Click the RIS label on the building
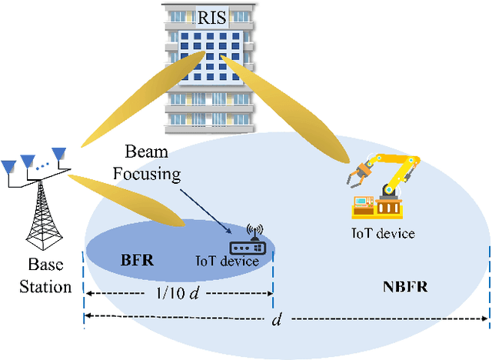pos(211,17)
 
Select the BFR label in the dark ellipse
pos(138,259)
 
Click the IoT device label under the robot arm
pos(383,233)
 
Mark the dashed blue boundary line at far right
pos(489,285)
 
